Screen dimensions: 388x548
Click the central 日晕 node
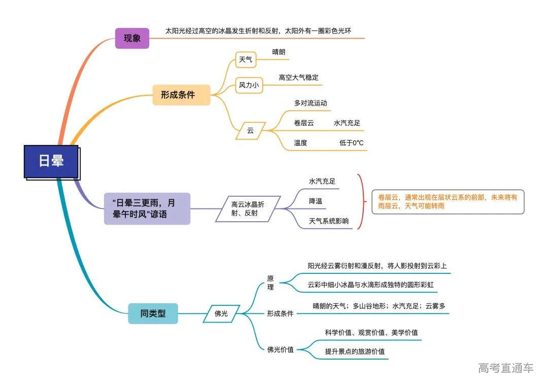(51, 161)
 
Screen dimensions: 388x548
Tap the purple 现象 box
(132, 38)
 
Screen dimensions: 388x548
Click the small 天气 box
(246, 60)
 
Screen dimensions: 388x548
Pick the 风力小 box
(249, 85)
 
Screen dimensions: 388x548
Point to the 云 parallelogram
(250, 130)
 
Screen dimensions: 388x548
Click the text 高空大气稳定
(298, 78)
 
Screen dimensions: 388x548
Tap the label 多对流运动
(311, 103)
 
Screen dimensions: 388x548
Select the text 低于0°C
(351, 143)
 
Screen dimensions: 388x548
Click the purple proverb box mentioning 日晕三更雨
(147, 208)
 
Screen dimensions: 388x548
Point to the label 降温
(316, 201)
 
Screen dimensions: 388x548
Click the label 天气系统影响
(329, 221)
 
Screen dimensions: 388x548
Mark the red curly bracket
(361, 201)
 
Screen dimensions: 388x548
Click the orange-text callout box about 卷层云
(448, 201)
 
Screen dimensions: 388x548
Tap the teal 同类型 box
(153, 313)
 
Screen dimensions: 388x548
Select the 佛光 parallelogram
(221, 314)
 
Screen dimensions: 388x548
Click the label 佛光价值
(281, 349)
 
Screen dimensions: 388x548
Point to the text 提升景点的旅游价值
(355, 351)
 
